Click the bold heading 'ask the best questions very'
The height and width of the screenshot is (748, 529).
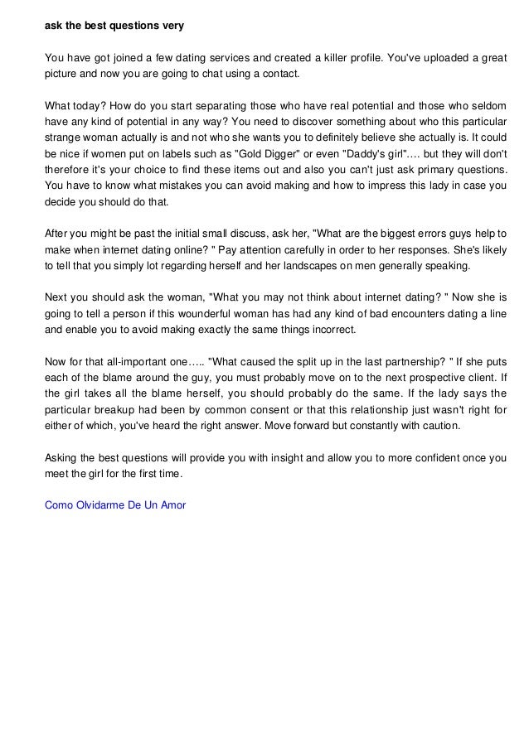114,26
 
